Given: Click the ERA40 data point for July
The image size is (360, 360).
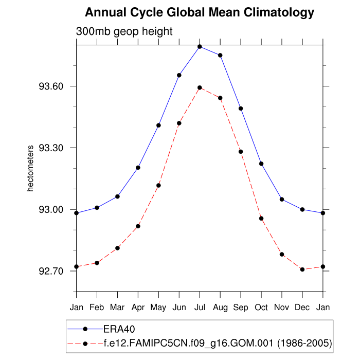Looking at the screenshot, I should [200, 47].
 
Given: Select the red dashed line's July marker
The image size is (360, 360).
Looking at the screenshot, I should [200, 87].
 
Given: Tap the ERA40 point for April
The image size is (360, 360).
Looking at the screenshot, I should [138, 167].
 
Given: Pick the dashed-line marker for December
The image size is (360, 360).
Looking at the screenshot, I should [302, 269].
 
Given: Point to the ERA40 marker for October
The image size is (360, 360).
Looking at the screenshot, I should [261, 164].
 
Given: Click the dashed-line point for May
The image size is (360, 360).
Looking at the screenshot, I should [158, 185].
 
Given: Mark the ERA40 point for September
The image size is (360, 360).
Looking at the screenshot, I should [241, 109].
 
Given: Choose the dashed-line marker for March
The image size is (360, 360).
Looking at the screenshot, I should [117, 248].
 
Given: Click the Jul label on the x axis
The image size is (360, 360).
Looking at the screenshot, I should [200, 308].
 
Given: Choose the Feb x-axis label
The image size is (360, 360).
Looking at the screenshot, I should [97, 308].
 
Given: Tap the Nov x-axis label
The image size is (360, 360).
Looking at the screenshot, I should [282, 308].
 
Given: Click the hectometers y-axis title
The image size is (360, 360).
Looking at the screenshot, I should [30, 169].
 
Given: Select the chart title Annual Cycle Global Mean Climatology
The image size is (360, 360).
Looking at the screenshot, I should [200, 12].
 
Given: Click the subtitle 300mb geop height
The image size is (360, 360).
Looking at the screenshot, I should [124, 31].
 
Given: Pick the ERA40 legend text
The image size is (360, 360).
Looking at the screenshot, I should [119, 328].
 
